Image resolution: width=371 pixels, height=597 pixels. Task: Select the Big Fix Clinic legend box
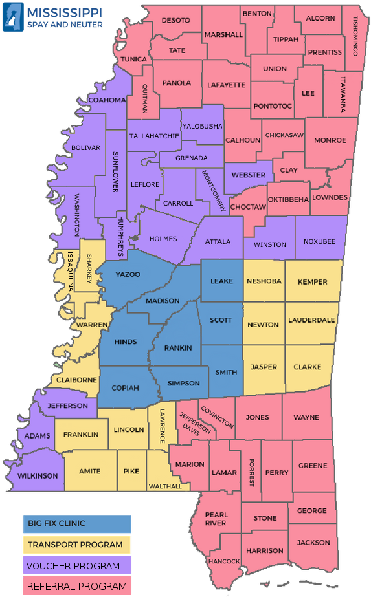76,523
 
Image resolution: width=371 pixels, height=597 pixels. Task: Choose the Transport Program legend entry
76,545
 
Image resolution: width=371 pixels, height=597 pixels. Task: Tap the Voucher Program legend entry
76,566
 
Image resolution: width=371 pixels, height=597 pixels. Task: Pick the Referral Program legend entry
76,587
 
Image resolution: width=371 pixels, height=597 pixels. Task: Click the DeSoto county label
175,21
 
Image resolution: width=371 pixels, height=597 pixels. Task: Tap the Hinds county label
124,342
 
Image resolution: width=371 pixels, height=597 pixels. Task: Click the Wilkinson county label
36,476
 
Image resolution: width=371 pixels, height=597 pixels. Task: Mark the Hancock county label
224,561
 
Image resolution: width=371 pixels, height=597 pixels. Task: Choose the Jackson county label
313,543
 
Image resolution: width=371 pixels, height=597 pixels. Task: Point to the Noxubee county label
320,241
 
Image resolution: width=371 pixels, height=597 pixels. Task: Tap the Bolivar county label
85,147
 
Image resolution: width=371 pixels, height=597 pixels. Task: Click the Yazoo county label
128,274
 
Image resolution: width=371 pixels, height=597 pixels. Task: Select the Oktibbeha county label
288,199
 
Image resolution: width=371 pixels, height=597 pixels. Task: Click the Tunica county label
133,59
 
